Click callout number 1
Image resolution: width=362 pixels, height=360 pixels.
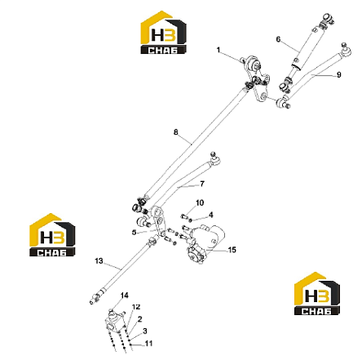click(219, 50)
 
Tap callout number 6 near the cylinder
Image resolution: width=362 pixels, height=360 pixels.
click(278, 39)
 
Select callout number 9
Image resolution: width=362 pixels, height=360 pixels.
click(338, 74)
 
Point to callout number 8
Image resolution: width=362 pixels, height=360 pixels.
click(176, 132)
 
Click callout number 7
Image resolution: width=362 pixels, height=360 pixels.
click(202, 184)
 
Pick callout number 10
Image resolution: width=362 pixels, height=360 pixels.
click(200, 202)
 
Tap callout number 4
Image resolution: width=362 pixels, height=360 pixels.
click(211, 215)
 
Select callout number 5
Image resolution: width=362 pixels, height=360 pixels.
click(134, 233)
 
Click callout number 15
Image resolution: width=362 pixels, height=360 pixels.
click(232, 250)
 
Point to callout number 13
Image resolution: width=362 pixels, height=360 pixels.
click(99, 261)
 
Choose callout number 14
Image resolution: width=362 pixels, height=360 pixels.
click(125, 296)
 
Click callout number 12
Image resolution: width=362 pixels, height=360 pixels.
click(136, 307)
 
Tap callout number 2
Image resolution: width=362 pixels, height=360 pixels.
click(139, 319)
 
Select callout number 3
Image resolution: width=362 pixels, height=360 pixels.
click(145, 331)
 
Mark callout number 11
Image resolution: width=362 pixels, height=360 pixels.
click(148, 344)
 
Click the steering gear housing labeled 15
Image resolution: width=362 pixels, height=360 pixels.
click(206, 244)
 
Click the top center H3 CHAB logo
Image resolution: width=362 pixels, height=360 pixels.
click(163, 32)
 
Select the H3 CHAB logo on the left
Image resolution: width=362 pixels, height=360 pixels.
click(52, 235)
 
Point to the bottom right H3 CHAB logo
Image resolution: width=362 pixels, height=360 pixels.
click(317, 294)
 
